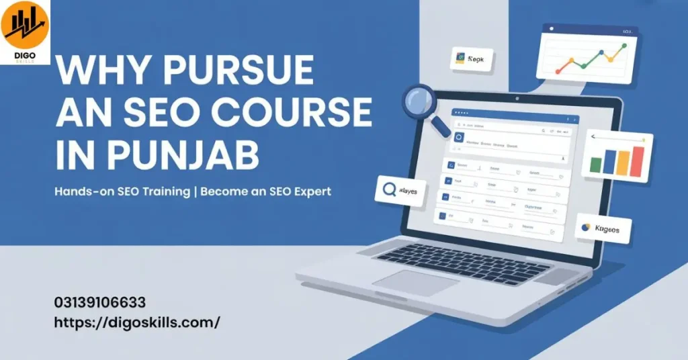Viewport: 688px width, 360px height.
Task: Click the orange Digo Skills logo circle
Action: pyautogui.click(x=24, y=24)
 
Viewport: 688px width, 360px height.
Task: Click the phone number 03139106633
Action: pyautogui.click(x=100, y=303)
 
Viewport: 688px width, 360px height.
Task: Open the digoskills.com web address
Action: pyautogui.click(x=137, y=322)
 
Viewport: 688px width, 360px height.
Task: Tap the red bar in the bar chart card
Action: pyautogui.click(x=638, y=161)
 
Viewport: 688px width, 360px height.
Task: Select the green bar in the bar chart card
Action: pyautogui.click(x=595, y=165)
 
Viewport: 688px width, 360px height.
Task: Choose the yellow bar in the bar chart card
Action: pyautogui.click(x=623, y=163)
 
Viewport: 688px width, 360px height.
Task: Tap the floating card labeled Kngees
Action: pyautogui.click(x=603, y=229)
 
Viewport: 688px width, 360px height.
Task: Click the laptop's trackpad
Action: pyautogui.click(x=416, y=282)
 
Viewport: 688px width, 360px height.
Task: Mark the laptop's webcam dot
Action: pyautogui.click(x=519, y=98)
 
